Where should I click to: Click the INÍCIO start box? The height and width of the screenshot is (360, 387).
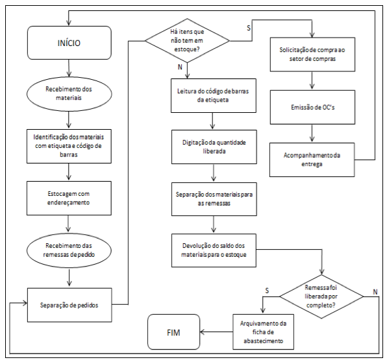tap(69, 43)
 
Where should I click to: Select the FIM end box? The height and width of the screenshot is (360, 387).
tap(173, 332)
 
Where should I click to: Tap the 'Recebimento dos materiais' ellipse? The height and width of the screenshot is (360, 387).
tap(69, 93)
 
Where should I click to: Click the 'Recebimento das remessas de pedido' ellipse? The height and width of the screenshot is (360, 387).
tap(69, 250)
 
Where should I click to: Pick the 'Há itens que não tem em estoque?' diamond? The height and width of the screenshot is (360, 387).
tap(187, 41)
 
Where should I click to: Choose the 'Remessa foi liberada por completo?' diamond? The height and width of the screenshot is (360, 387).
tap(321, 296)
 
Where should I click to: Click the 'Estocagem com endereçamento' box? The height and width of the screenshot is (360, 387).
tap(69, 198)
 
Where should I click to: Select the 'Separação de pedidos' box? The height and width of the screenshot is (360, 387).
tap(69, 305)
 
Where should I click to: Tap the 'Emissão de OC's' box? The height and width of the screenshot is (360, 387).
tap(312, 107)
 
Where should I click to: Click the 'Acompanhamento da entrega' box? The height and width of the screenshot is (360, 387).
tap(312, 160)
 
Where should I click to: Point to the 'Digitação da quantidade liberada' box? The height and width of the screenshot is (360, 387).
tap(214, 147)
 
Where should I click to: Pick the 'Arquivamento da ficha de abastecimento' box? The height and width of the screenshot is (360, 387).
tap(263, 332)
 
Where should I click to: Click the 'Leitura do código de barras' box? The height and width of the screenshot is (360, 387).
tap(214, 95)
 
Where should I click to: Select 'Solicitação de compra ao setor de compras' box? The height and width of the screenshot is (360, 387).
tap(312, 54)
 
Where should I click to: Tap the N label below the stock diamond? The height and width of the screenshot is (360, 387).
tap(180, 67)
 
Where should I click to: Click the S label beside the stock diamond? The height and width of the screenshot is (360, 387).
tap(249, 28)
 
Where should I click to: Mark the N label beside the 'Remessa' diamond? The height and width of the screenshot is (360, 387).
tap(375, 292)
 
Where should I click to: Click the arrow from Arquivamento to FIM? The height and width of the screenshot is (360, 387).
tap(216, 332)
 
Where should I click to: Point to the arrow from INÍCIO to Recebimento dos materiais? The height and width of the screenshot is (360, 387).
tap(69, 68)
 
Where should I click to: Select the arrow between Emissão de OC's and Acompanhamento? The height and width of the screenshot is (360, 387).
tap(312, 133)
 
